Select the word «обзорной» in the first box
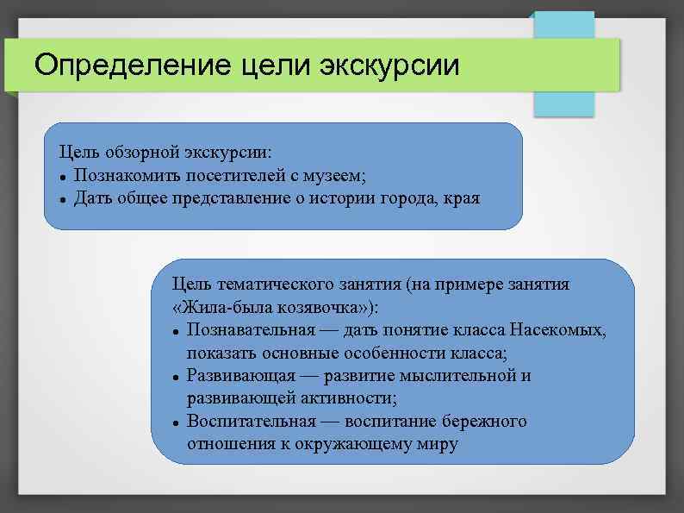[x=138, y=153]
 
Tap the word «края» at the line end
[x=463, y=199]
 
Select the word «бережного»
[x=485, y=422]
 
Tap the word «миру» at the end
[x=436, y=444]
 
